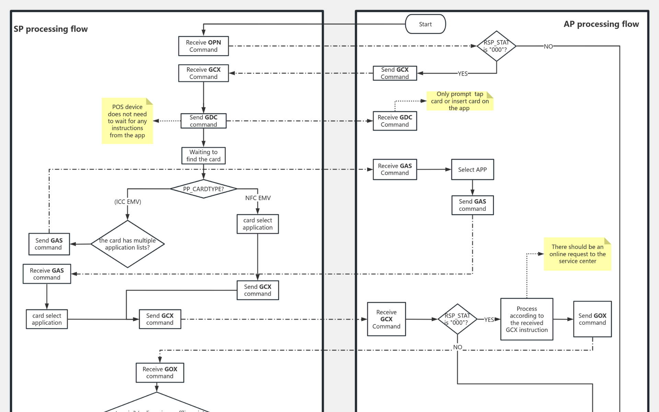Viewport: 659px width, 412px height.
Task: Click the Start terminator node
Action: tap(425, 24)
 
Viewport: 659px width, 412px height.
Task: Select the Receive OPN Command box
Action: tap(203, 46)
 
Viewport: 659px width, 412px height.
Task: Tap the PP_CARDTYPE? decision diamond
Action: tap(203, 189)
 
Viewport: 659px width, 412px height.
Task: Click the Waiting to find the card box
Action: tap(203, 156)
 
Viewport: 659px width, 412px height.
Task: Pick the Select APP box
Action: tap(472, 169)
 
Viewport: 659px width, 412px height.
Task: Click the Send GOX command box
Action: tap(592, 319)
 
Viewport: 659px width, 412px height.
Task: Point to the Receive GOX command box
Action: tap(160, 373)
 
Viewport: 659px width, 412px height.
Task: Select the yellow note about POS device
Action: tap(127, 121)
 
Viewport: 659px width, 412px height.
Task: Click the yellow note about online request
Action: tap(577, 254)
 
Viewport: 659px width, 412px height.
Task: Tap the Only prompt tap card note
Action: tap(460, 101)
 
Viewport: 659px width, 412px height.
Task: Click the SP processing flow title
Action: tap(50, 29)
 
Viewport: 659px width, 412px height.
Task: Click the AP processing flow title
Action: tap(601, 24)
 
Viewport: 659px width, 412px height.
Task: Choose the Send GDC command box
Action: tap(203, 121)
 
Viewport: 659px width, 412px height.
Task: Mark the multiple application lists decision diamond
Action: tap(127, 244)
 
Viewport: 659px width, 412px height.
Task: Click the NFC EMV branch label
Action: tap(258, 198)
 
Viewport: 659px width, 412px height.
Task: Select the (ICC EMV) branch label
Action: tap(128, 202)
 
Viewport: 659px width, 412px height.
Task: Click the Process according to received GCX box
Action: tap(527, 319)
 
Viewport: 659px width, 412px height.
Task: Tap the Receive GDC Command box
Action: tap(395, 121)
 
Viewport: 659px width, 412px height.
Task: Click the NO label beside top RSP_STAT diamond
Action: tap(548, 46)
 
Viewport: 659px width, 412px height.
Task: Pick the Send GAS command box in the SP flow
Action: tap(49, 244)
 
